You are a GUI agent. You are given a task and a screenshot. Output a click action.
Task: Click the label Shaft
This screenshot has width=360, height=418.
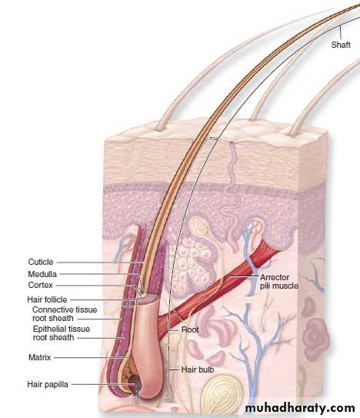tap(341, 45)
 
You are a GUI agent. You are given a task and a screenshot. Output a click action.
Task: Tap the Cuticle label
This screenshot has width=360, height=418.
tap(41, 262)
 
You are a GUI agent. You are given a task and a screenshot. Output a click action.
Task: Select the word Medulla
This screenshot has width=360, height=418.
tap(42, 274)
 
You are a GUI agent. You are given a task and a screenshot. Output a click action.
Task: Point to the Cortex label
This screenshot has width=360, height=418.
tap(40, 285)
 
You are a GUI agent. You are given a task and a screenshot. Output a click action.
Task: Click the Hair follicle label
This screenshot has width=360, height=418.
tap(47, 299)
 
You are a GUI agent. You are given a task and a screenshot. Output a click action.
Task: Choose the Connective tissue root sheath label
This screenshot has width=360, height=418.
tap(65, 314)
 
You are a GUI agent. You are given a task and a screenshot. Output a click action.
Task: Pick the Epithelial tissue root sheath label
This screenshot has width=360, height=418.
tap(61, 333)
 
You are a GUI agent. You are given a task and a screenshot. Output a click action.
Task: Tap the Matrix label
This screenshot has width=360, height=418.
tap(39, 357)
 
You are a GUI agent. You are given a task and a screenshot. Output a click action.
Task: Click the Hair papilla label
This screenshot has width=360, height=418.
tap(48, 384)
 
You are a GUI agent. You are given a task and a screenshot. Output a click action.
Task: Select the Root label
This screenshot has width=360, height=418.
tap(190, 329)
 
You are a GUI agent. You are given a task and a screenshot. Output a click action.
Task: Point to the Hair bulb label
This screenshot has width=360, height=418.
tap(197, 370)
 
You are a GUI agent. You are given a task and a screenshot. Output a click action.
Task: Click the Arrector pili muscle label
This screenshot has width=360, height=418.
tap(278, 282)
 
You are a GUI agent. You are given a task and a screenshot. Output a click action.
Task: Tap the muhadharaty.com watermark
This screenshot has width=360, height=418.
tap(300, 408)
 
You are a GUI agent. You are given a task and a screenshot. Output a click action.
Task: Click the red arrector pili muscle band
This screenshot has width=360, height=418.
tap(218, 283)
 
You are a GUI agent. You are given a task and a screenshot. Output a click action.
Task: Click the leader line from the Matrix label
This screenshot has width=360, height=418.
tap(92, 357)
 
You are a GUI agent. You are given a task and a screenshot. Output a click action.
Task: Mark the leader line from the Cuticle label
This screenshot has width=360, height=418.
tap(100, 263)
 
